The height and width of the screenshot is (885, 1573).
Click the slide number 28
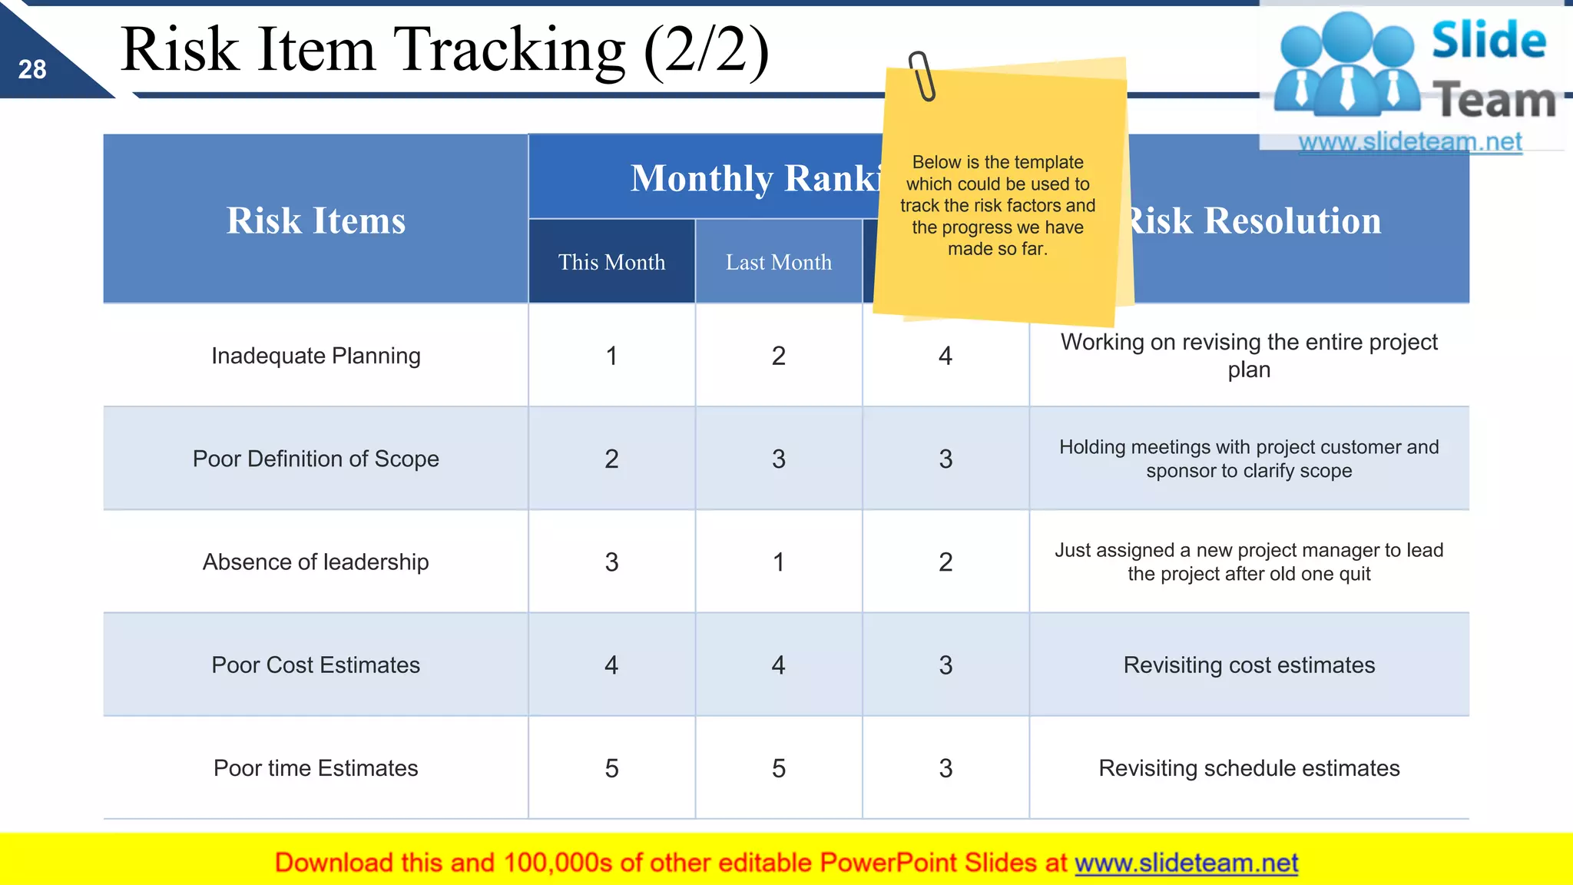pyautogui.click(x=32, y=70)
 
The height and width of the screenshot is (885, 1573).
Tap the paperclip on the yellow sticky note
pyautogui.click(x=922, y=76)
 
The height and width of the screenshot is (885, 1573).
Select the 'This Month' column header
pyautogui.click(x=611, y=262)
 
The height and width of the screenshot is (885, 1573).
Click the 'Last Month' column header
pyautogui.click(x=779, y=262)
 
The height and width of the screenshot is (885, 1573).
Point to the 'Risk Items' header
pyautogui.click(x=316, y=220)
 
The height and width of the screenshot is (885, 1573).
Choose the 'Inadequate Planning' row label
pyautogui.click(x=316, y=356)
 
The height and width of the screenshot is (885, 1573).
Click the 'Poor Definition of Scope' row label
pyautogui.click(x=316, y=459)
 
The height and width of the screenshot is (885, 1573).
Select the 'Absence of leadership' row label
pyautogui.click(x=316, y=562)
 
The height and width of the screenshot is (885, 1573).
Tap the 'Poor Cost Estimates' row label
pyautogui.click(x=316, y=665)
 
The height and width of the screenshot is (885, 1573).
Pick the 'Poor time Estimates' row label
pyautogui.click(x=316, y=768)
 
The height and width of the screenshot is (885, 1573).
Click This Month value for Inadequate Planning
pyautogui.click(x=611, y=356)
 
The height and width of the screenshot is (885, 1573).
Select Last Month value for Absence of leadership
pyautogui.click(x=779, y=562)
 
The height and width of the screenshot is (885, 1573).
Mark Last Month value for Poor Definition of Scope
pyautogui.click(x=779, y=459)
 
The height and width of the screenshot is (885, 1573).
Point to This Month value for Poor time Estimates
pyautogui.click(x=611, y=768)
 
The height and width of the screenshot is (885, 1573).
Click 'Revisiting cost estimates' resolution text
pyautogui.click(x=1249, y=665)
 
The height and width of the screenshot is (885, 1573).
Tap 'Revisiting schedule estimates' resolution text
pyautogui.click(x=1249, y=768)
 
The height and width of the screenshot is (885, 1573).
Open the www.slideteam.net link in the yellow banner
pyautogui.click(x=1186, y=863)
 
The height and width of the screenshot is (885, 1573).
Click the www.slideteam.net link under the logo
pyautogui.click(x=1410, y=142)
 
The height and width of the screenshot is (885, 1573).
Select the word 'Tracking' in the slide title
pyautogui.click(x=509, y=50)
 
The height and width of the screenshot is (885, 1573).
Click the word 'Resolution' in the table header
pyautogui.click(x=1293, y=220)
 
